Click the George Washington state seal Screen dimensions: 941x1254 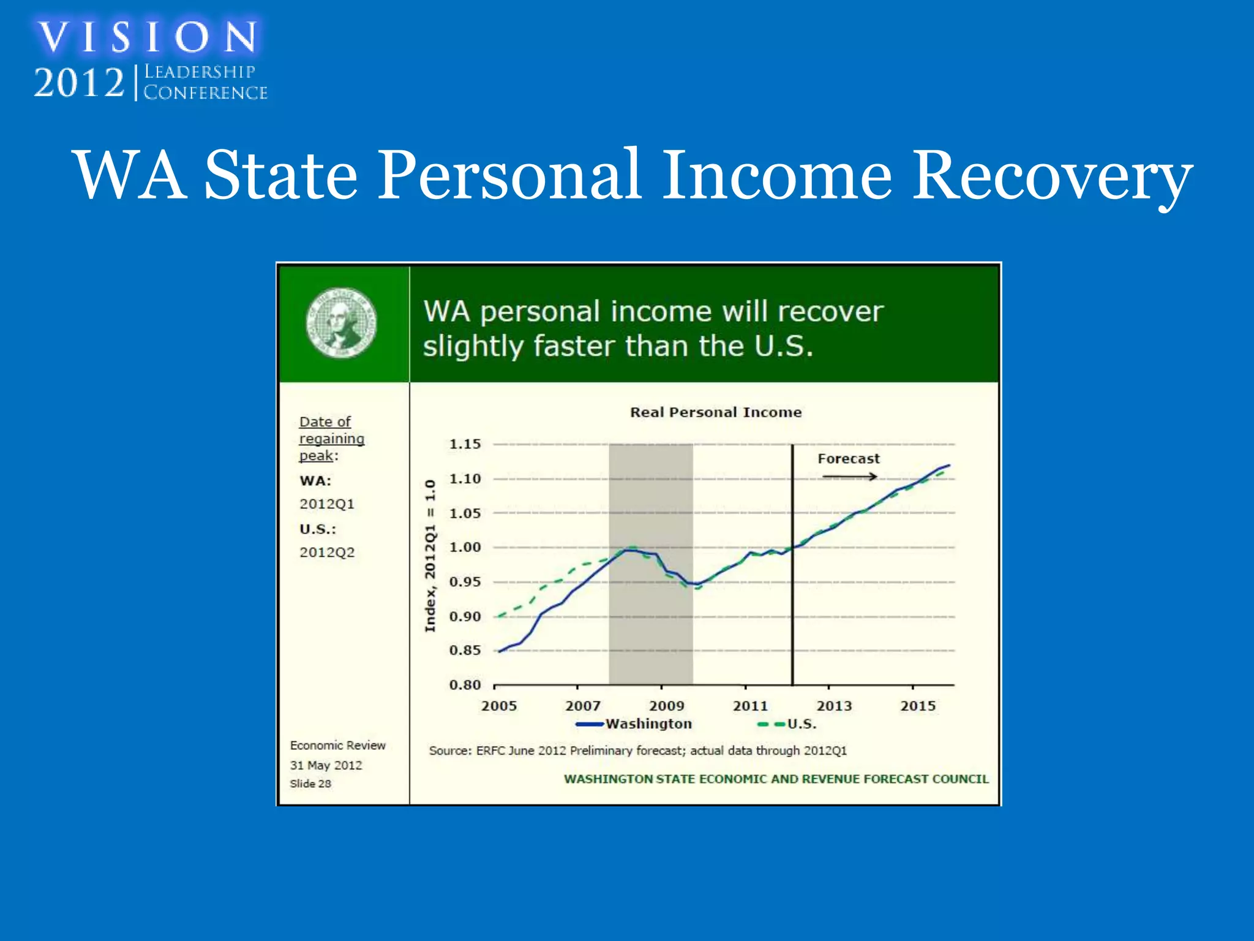341,323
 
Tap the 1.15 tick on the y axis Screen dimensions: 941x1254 465,444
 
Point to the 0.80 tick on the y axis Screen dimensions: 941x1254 465,685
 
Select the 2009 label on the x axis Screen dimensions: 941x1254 667,706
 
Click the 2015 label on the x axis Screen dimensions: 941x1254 918,706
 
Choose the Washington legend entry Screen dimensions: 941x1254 648,724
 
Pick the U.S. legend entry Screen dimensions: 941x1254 801,724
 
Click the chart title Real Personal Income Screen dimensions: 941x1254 716,412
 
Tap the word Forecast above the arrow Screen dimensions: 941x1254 848,459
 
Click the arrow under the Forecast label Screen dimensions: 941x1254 849,477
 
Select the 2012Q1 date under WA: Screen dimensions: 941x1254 327,504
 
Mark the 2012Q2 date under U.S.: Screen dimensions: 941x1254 327,553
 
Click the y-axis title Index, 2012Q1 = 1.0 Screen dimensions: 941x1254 430,556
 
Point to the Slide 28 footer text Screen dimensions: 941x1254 310,784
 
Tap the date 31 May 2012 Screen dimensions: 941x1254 326,765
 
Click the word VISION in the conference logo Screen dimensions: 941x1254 148,37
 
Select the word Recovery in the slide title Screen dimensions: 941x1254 1052,176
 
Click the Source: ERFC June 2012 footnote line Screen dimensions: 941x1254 637,750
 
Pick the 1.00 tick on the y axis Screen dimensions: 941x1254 465,547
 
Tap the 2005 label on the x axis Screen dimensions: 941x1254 499,706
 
